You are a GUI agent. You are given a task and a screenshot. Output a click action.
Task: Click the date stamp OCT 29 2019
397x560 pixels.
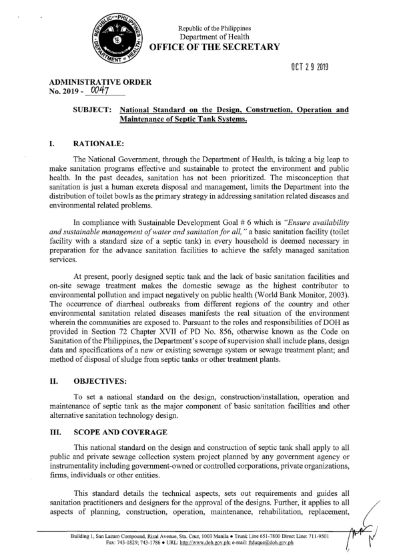(x=310, y=69)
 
